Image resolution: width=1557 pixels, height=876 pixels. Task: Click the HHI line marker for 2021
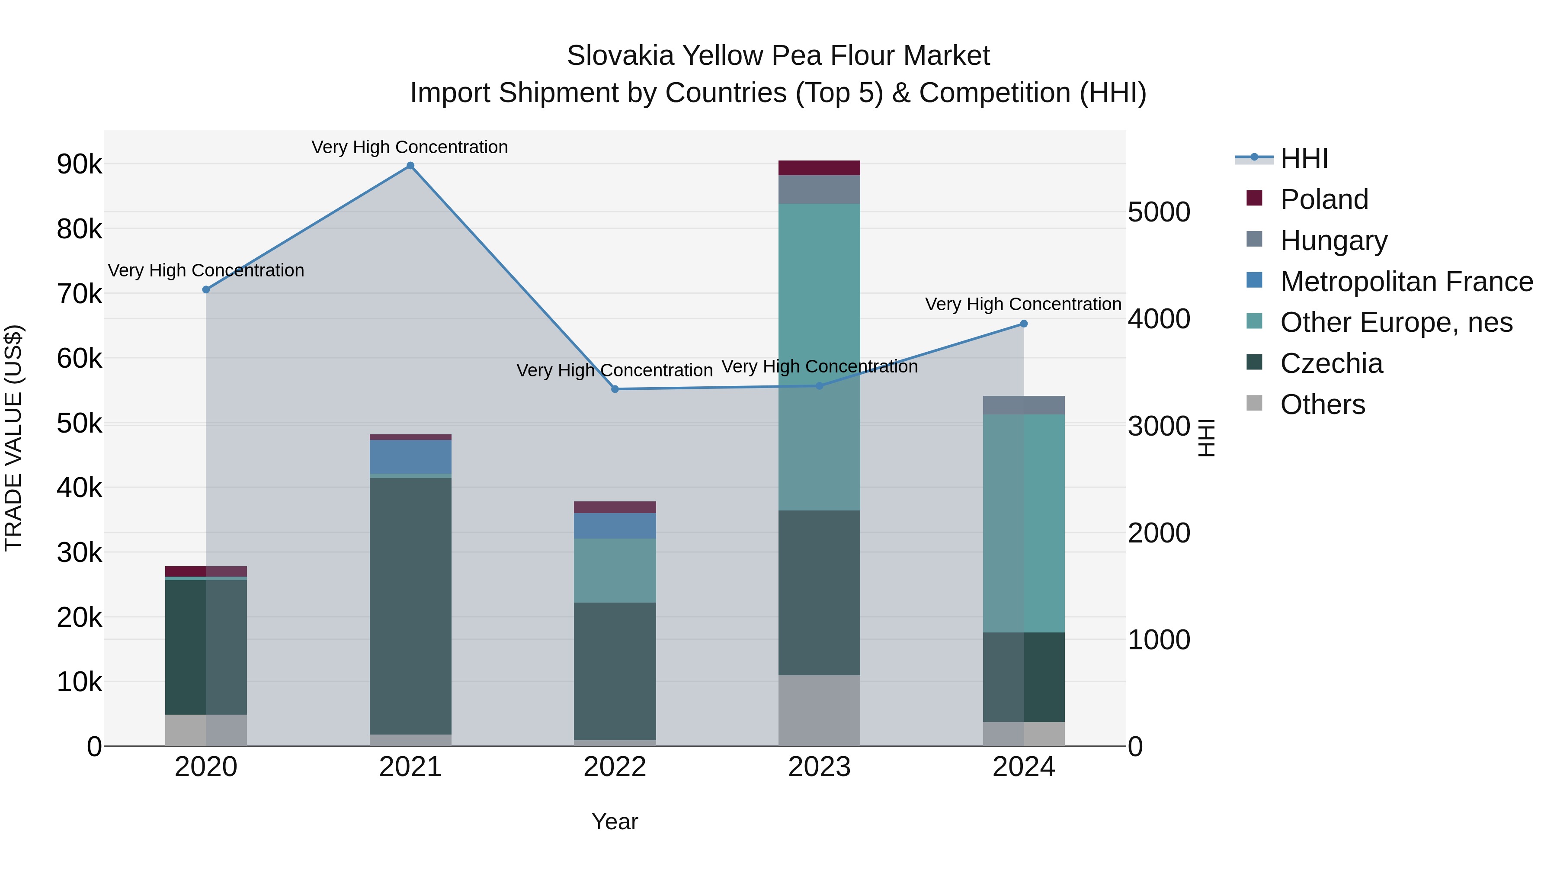[410, 166]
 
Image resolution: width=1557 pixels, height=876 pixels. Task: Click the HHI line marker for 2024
[1024, 324]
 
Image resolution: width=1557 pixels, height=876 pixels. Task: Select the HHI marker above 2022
[615, 389]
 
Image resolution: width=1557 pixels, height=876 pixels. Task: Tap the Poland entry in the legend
[1324, 199]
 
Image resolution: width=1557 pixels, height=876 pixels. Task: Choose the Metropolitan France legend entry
[1406, 282]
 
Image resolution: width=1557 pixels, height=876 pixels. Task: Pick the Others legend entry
[1323, 404]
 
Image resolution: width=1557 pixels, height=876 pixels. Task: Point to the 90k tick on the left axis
[79, 164]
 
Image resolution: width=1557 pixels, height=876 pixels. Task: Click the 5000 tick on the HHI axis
[1159, 212]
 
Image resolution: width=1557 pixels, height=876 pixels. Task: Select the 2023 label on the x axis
[819, 767]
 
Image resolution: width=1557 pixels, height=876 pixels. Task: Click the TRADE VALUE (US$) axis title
[14, 438]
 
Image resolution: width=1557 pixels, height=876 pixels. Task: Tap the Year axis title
[615, 821]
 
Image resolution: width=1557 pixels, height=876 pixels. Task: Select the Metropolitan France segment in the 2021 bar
[410, 456]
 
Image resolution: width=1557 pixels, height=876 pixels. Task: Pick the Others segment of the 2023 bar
[819, 710]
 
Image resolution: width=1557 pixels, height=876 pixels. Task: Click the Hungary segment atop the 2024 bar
[1024, 405]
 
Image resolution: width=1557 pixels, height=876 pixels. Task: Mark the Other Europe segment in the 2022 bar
[615, 570]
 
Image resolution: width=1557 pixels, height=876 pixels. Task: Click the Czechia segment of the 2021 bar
[410, 606]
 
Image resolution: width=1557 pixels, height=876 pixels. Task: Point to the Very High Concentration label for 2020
[206, 270]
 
